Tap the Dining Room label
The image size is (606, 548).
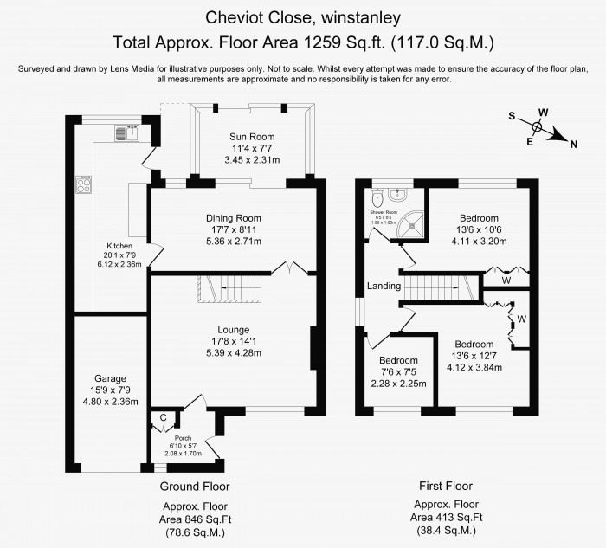233,217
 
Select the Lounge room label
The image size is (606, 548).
233,329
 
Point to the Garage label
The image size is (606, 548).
111,378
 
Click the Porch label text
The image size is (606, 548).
182,437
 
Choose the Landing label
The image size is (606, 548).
384,286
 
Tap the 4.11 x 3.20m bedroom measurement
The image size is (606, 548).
479,242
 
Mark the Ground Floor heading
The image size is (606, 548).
195,487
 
